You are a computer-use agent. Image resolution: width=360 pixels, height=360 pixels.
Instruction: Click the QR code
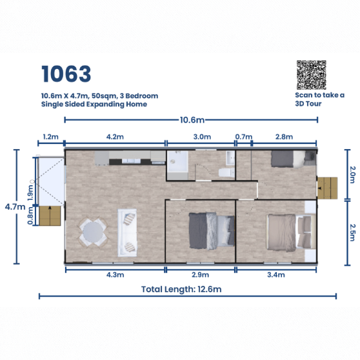coord(312,75)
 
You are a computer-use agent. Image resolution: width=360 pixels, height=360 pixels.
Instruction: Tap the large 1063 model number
coord(66,74)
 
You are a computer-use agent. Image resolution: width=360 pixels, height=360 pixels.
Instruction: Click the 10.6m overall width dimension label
coord(192,120)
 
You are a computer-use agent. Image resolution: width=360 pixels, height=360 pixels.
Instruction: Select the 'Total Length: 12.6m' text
coord(181,289)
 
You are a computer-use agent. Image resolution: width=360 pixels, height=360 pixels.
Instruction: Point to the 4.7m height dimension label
coord(15,207)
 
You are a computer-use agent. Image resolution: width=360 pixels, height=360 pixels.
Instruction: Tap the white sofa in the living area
coord(128,232)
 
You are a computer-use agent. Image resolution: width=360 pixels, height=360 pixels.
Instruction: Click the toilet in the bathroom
coord(226,172)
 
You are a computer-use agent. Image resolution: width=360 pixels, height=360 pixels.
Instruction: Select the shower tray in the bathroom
coord(177,162)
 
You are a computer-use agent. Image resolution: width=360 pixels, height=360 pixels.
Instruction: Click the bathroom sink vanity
coord(230,158)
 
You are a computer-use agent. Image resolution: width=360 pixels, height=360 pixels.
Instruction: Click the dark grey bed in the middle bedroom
coord(212,231)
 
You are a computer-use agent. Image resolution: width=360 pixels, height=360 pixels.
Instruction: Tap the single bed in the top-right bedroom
coord(294,159)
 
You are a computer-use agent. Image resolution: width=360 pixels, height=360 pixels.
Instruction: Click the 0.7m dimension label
coord(244,137)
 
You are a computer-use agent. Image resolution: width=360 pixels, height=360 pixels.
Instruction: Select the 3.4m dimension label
coord(276,275)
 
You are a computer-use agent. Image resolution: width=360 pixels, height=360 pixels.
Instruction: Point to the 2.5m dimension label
coord(352,232)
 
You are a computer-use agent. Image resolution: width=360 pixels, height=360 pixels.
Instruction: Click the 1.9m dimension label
coord(30,193)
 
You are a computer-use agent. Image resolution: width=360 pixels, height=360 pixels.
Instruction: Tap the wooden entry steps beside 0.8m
coord(50,215)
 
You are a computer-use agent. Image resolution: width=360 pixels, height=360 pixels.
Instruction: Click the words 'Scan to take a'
coord(319,95)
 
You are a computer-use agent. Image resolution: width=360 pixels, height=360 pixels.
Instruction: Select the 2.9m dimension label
coord(200,275)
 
